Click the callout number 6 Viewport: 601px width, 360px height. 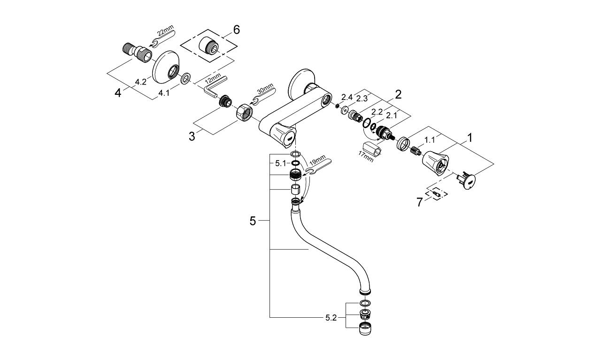(x=236, y=30)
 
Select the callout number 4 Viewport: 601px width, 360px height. (x=118, y=92)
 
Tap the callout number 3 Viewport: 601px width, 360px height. (x=192, y=137)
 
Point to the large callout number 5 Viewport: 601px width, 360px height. (x=253, y=221)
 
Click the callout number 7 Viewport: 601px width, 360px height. (x=419, y=202)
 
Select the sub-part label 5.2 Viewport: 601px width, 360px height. (x=331, y=318)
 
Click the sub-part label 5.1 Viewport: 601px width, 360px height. (x=280, y=163)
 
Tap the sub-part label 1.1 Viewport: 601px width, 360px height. (x=429, y=140)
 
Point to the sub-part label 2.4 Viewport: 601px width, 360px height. (x=347, y=97)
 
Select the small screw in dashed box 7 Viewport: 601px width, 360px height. (x=436, y=192)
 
